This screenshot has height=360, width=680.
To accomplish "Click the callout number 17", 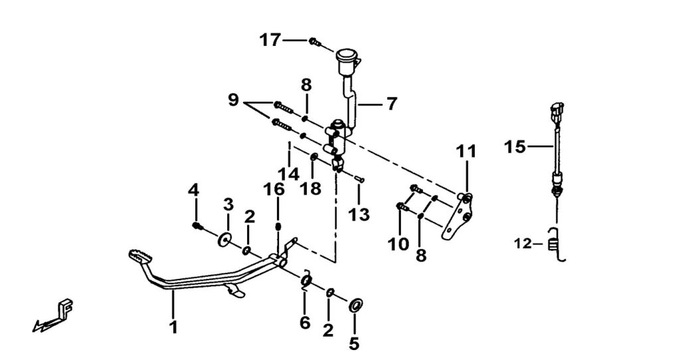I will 270,41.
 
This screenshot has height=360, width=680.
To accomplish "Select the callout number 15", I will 515,147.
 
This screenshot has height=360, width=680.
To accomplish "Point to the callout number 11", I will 466,152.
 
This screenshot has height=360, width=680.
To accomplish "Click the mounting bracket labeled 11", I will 458,219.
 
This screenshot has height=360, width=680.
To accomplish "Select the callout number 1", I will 173,327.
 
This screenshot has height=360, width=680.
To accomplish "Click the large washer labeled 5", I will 355,305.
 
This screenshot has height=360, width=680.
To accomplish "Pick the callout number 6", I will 305,323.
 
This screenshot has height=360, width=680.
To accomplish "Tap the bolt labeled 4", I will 197,226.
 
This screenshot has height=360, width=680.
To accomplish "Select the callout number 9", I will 233,100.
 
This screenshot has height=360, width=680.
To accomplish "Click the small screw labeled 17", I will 315,43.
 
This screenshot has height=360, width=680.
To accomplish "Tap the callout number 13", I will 359,214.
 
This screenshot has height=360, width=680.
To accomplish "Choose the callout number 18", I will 311,188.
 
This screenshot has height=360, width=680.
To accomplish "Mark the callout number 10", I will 398,244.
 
